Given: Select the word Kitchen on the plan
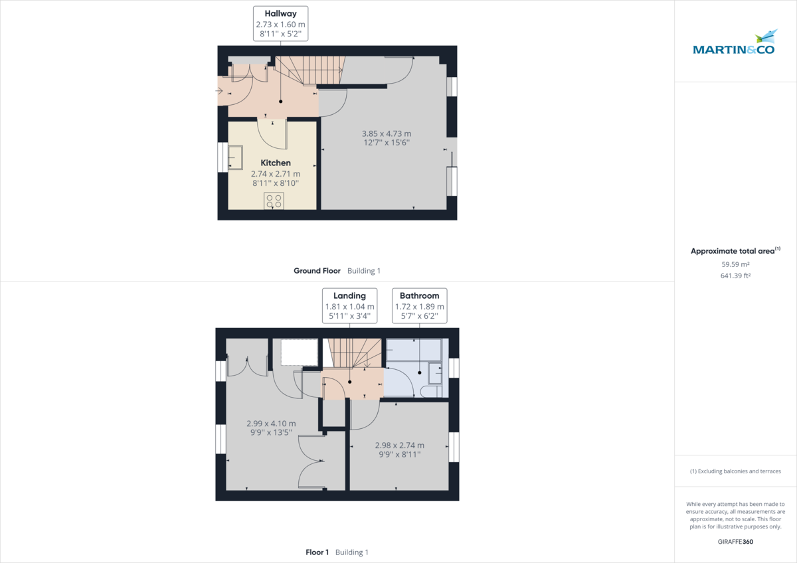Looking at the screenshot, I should coord(275,163).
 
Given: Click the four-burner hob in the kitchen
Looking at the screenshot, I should coord(274,201).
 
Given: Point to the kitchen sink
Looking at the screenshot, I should coord(236,158).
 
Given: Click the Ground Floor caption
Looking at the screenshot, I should coord(317,271).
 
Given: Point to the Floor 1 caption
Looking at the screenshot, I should coord(317,552).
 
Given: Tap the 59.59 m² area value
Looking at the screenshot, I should coord(735,264).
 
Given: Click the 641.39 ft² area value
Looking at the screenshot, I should coord(735,275).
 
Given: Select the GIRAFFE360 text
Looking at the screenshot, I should coord(735,542).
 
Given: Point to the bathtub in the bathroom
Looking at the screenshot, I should coord(414,350).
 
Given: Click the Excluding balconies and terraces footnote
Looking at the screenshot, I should coord(735,471).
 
